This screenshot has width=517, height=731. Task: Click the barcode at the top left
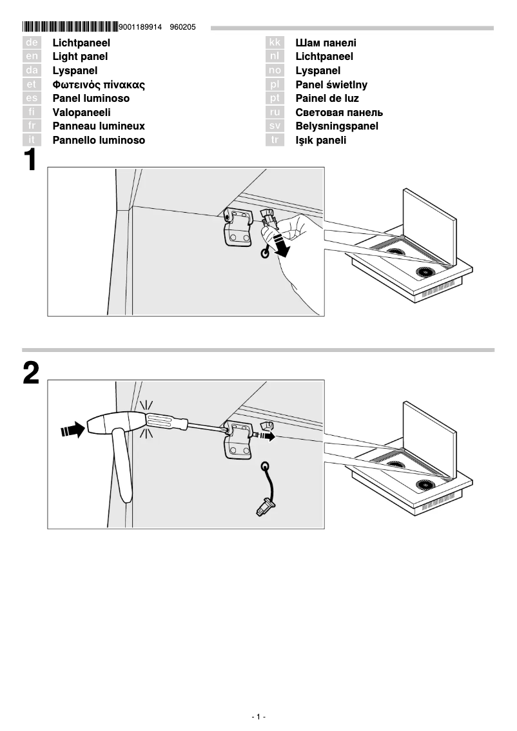[x=70, y=27]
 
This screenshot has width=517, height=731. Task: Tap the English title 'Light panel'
[x=80, y=57]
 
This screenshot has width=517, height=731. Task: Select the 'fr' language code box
[x=32, y=126]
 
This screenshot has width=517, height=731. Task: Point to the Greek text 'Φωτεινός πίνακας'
[x=99, y=84]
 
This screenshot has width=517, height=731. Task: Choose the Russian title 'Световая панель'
[x=339, y=113]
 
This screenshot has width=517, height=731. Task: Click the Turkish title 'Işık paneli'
[x=321, y=141]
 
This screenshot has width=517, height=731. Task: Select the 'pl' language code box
[x=275, y=84]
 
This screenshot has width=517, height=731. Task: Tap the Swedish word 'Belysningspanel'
[x=337, y=126]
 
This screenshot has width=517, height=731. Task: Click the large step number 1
[x=31, y=161]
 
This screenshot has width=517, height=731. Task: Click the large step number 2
[x=31, y=374]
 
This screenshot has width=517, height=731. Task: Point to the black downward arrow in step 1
[x=282, y=246]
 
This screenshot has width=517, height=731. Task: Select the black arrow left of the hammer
[x=72, y=429]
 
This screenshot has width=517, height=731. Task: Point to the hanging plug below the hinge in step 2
[x=264, y=507]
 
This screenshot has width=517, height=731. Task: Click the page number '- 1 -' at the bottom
[x=258, y=717]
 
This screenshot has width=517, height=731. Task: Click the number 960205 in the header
[x=182, y=27]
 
